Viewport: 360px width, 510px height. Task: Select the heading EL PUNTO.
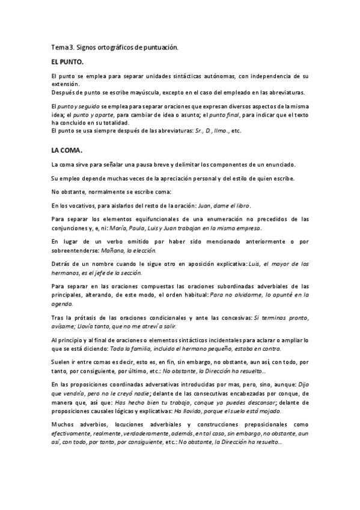coord(68,62)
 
